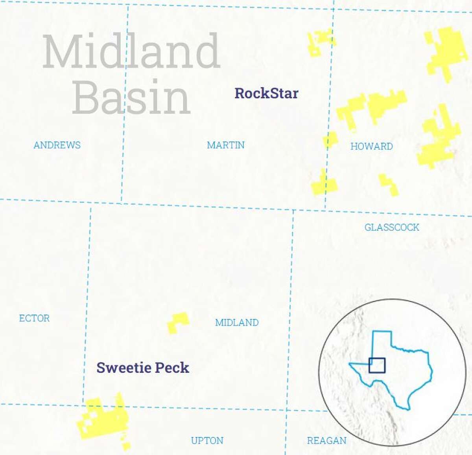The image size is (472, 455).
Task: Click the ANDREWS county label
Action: (x=57, y=145)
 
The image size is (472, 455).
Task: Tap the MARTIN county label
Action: (x=226, y=145)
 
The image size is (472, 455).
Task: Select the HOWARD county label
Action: (x=372, y=147)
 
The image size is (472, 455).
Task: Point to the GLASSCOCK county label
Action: (x=392, y=228)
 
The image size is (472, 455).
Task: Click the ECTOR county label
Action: (x=34, y=318)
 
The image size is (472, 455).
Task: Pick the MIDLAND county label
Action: (x=237, y=323)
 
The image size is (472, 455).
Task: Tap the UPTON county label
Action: (x=207, y=440)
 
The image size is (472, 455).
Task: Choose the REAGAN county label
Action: (x=326, y=440)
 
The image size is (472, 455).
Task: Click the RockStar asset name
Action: (x=266, y=94)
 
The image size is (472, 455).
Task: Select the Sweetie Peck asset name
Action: (x=143, y=368)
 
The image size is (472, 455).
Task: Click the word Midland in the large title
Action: (x=131, y=51)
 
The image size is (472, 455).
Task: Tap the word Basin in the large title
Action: (x=131, y=97)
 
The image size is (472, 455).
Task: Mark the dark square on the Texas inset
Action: (x=377, y=365)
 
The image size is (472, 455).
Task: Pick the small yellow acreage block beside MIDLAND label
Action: (x=178, y=322)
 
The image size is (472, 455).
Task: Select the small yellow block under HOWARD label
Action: (x=389, y=185)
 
